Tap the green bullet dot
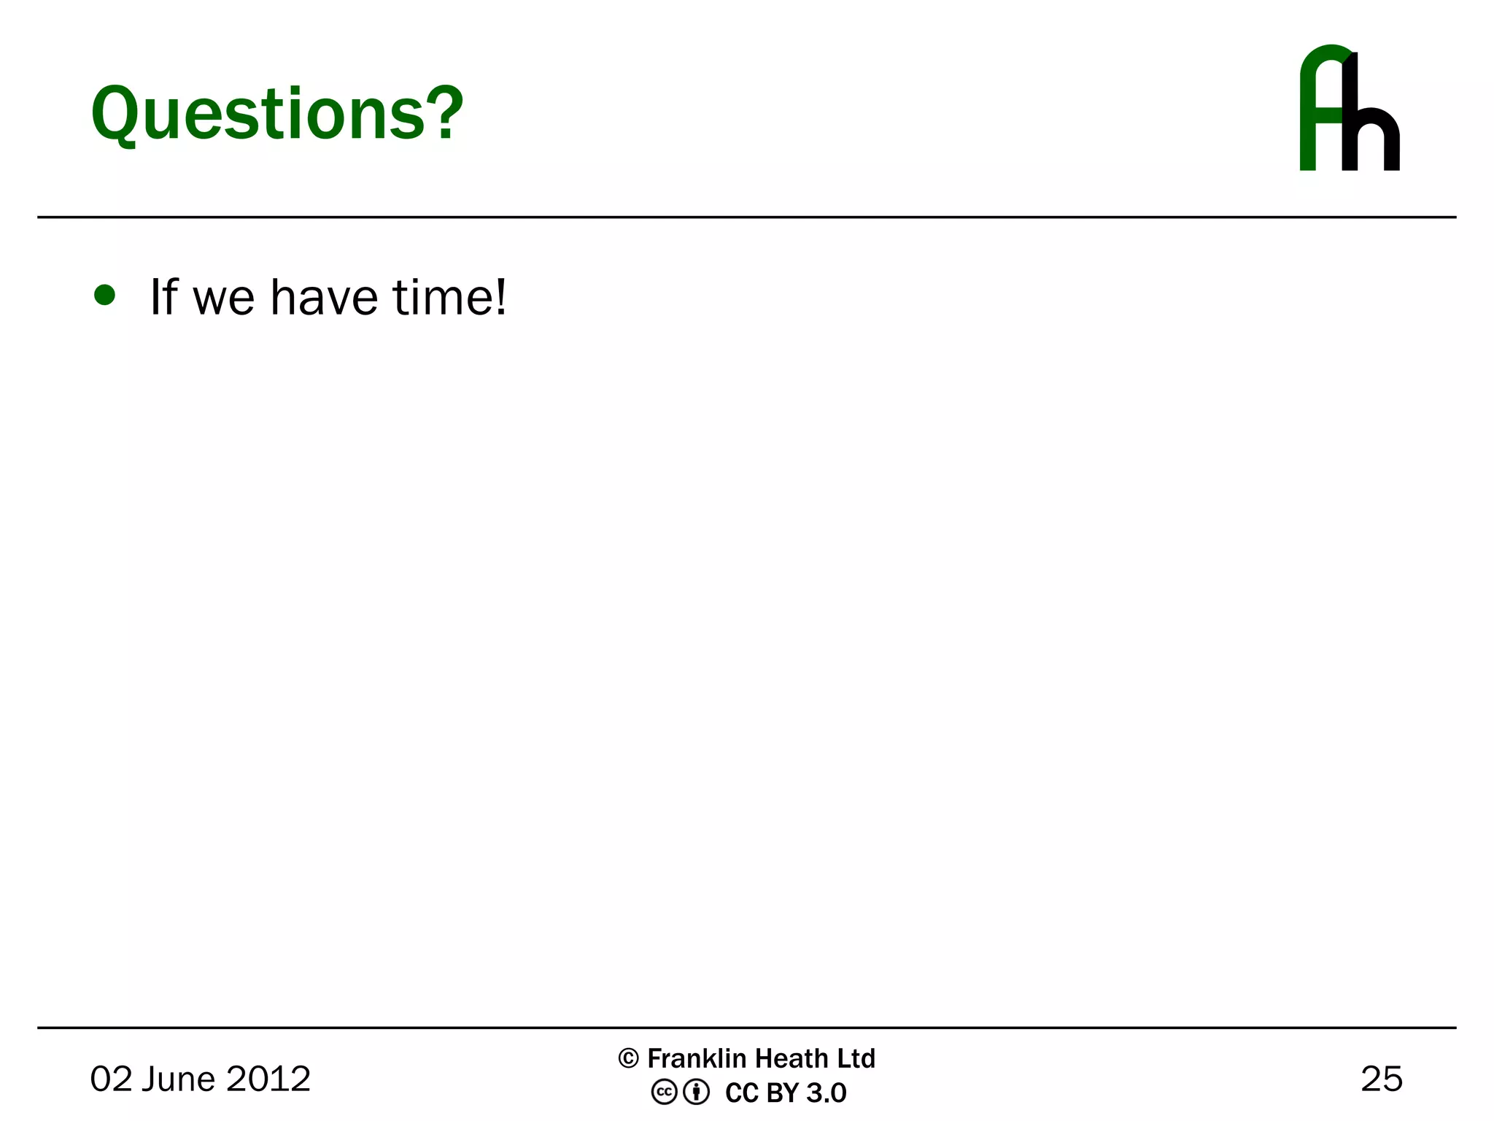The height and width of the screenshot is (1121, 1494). pyautogui.click(x=105, y=295)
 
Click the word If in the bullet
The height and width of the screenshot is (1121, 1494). pyautogui.click(x=163, y=297)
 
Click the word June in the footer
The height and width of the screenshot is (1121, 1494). pyautogui.click(x=178, y=1079)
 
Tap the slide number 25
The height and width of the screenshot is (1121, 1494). pyautogui.click(x=1382, y=1079)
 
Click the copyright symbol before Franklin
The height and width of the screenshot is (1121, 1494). pyautogui.click(x=628, y=1058)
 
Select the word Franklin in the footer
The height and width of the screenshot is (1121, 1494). pyautogui.click(x=697, y=1058)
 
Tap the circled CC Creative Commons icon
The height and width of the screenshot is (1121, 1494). pyautogui.click(x=664, y=1093)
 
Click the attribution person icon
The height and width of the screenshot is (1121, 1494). pyautogui.click(x=697, y=1093)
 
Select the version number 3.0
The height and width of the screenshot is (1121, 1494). pyautogui.click(x=827, y=1093)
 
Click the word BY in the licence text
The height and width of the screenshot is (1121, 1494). pyautogui.click(x=783, y=1093)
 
